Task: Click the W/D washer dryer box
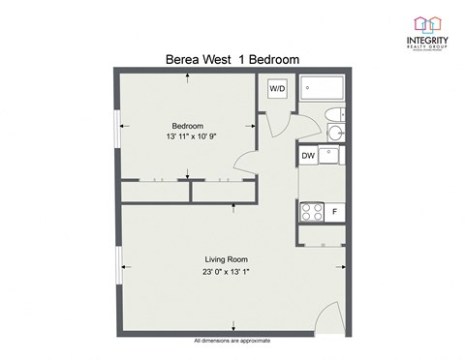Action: (x=277, y=89)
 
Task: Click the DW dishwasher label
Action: (x=308, y=155)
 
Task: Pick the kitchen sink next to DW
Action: (x=331, y=155)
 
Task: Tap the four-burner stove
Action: (x=311, y=210)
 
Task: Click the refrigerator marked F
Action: (x=334, y=210)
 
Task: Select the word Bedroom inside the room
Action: (x=187, y=127)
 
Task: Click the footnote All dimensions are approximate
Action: (x=232, y=341)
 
